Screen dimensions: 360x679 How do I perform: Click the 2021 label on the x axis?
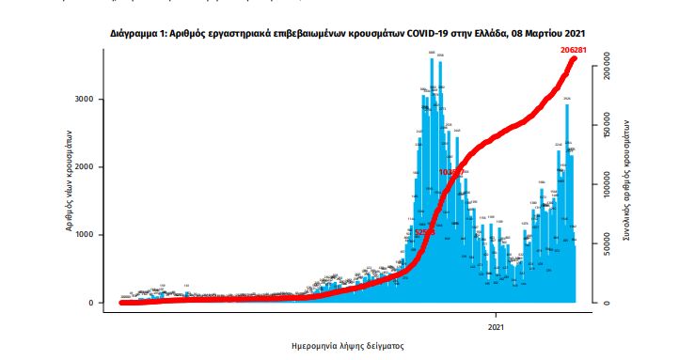[497, 327]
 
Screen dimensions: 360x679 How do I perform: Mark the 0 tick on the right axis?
[608, 303]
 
